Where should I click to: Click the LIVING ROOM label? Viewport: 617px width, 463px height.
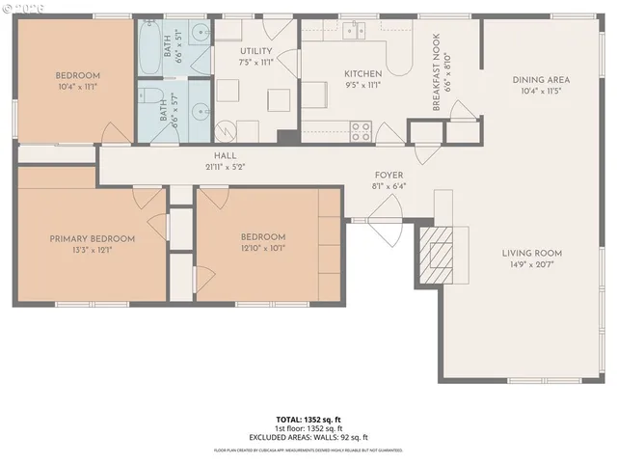point(531,254)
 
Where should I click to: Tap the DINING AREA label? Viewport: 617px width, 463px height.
point(540,80)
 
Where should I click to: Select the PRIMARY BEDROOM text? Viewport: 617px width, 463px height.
point(93,238)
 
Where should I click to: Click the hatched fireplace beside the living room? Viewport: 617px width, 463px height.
point(443,251)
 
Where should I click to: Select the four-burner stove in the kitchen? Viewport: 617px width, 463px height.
point(362,130)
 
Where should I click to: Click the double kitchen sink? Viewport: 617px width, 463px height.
point(352,29)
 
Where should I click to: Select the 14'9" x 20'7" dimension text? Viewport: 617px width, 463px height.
point(531,266)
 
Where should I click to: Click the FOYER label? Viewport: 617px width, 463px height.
point(389,175)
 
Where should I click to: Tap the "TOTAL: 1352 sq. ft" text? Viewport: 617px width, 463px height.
point(308,420)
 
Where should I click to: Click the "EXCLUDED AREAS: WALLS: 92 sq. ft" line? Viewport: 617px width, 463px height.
point(308,436)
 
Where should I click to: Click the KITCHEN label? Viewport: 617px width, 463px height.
point(363,74)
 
